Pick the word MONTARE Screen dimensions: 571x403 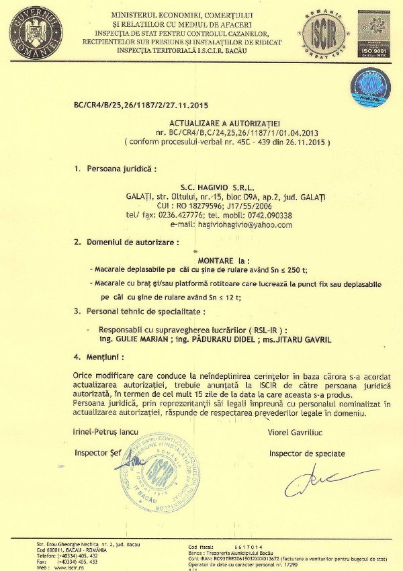(x=216, y=259)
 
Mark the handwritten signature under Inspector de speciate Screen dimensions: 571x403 (x=316, y=482)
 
